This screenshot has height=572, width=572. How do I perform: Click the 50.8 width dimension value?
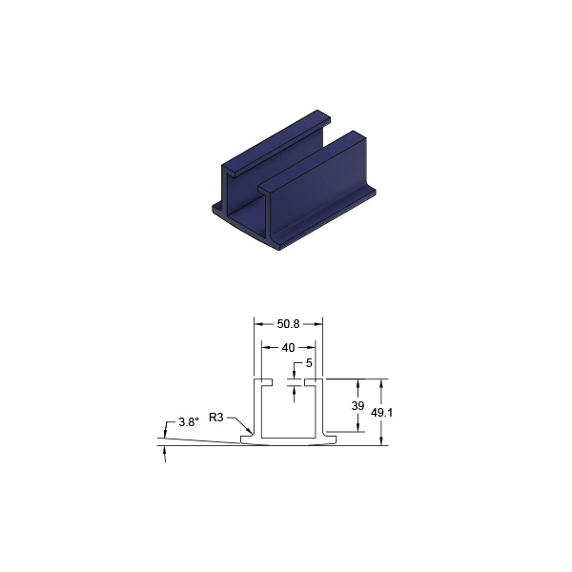[288, 324]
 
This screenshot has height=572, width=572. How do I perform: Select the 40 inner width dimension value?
[288, 348]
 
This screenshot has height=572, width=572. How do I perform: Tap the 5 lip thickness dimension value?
[309, 363]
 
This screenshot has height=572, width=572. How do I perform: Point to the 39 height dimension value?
[357, 406]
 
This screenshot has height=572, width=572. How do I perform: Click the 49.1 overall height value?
[381, 413]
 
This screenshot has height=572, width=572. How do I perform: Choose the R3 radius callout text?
[216, 418]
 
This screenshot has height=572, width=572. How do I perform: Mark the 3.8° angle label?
[189, 422]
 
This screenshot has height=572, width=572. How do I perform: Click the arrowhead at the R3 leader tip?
[249, 431]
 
